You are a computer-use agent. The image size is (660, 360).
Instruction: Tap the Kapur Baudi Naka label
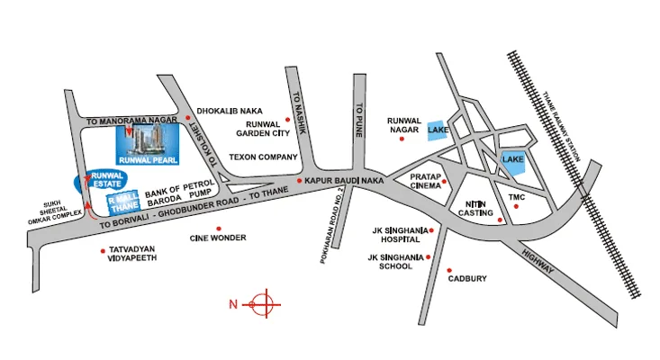click(345, 182)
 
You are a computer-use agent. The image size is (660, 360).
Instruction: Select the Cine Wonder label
click(217, 238)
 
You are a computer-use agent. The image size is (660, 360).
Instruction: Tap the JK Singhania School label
click(397, 263)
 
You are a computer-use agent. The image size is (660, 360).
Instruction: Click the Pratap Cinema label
click(425, 182)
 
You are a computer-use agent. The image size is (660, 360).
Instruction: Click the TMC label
click(516, 196)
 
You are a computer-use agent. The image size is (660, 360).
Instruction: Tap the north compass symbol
click(262, 303)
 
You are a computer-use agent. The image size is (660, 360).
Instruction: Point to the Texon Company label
click(264, 157)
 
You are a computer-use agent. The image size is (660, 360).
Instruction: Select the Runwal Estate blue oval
click(105, 180)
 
